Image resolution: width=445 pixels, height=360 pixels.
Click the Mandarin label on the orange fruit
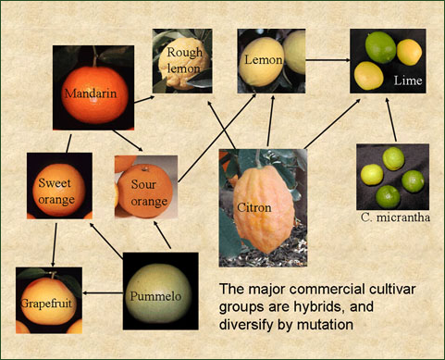91,93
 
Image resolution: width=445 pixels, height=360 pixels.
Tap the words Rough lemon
184,60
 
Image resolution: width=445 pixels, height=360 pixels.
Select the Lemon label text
264,59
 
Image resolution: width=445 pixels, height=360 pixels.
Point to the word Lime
408,81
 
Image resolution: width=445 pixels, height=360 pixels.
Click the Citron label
254,207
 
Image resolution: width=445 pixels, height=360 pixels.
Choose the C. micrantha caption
395,217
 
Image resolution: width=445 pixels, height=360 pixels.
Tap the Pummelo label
155,296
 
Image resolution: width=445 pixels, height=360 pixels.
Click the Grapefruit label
46,304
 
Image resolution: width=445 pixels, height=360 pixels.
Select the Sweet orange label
56,192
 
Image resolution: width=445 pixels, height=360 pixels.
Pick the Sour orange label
149,192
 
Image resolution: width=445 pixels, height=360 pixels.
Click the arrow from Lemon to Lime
328,60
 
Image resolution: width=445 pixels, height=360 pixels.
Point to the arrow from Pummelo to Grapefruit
103,293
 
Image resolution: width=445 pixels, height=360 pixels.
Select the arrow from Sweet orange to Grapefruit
55,245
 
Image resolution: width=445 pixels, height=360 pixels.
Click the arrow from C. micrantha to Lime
391,120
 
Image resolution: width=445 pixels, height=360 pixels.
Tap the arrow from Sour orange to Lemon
217,138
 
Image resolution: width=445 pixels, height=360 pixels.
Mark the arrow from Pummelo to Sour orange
162,235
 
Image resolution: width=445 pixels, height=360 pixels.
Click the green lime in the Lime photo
380,47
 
